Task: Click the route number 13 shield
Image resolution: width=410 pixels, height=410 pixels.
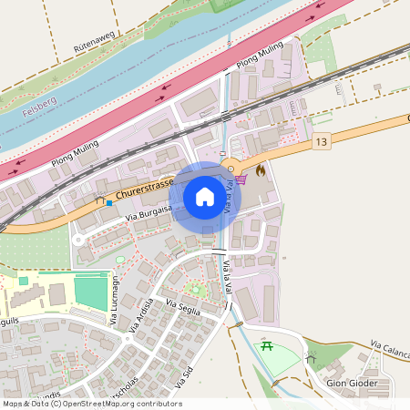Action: [321, 143]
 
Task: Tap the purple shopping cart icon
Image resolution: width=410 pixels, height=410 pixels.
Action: [241, 179]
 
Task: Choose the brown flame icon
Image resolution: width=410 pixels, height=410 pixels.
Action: [261, 169]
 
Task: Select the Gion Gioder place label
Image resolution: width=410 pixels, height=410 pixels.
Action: [351, 384]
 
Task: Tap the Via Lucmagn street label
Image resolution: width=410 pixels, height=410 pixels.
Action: [115, 302]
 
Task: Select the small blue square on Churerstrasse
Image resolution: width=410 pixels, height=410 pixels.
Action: [109, 203]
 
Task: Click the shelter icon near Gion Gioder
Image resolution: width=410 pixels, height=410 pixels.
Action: [311, 358]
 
